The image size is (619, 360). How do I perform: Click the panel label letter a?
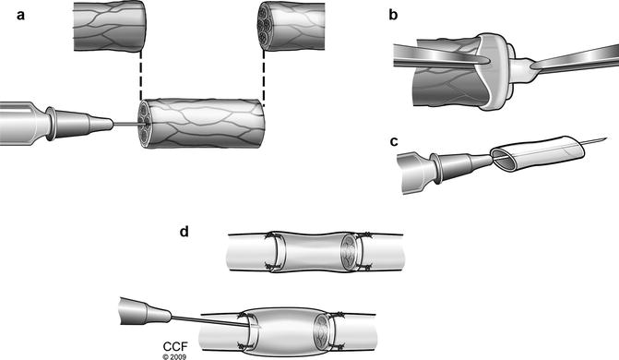[21, 16]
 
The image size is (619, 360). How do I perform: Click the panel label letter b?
[393, 15]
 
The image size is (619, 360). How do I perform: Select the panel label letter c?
[394, 141]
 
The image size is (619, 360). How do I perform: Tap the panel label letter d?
[184, 231]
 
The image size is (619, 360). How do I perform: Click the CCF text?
[175, 347]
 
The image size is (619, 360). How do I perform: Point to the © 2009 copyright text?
[174, 356]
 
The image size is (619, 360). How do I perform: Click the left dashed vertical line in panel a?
[140, 75]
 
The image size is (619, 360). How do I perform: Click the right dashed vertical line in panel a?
[263, 78]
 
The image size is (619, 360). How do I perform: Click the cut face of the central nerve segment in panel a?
[145, 123]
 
